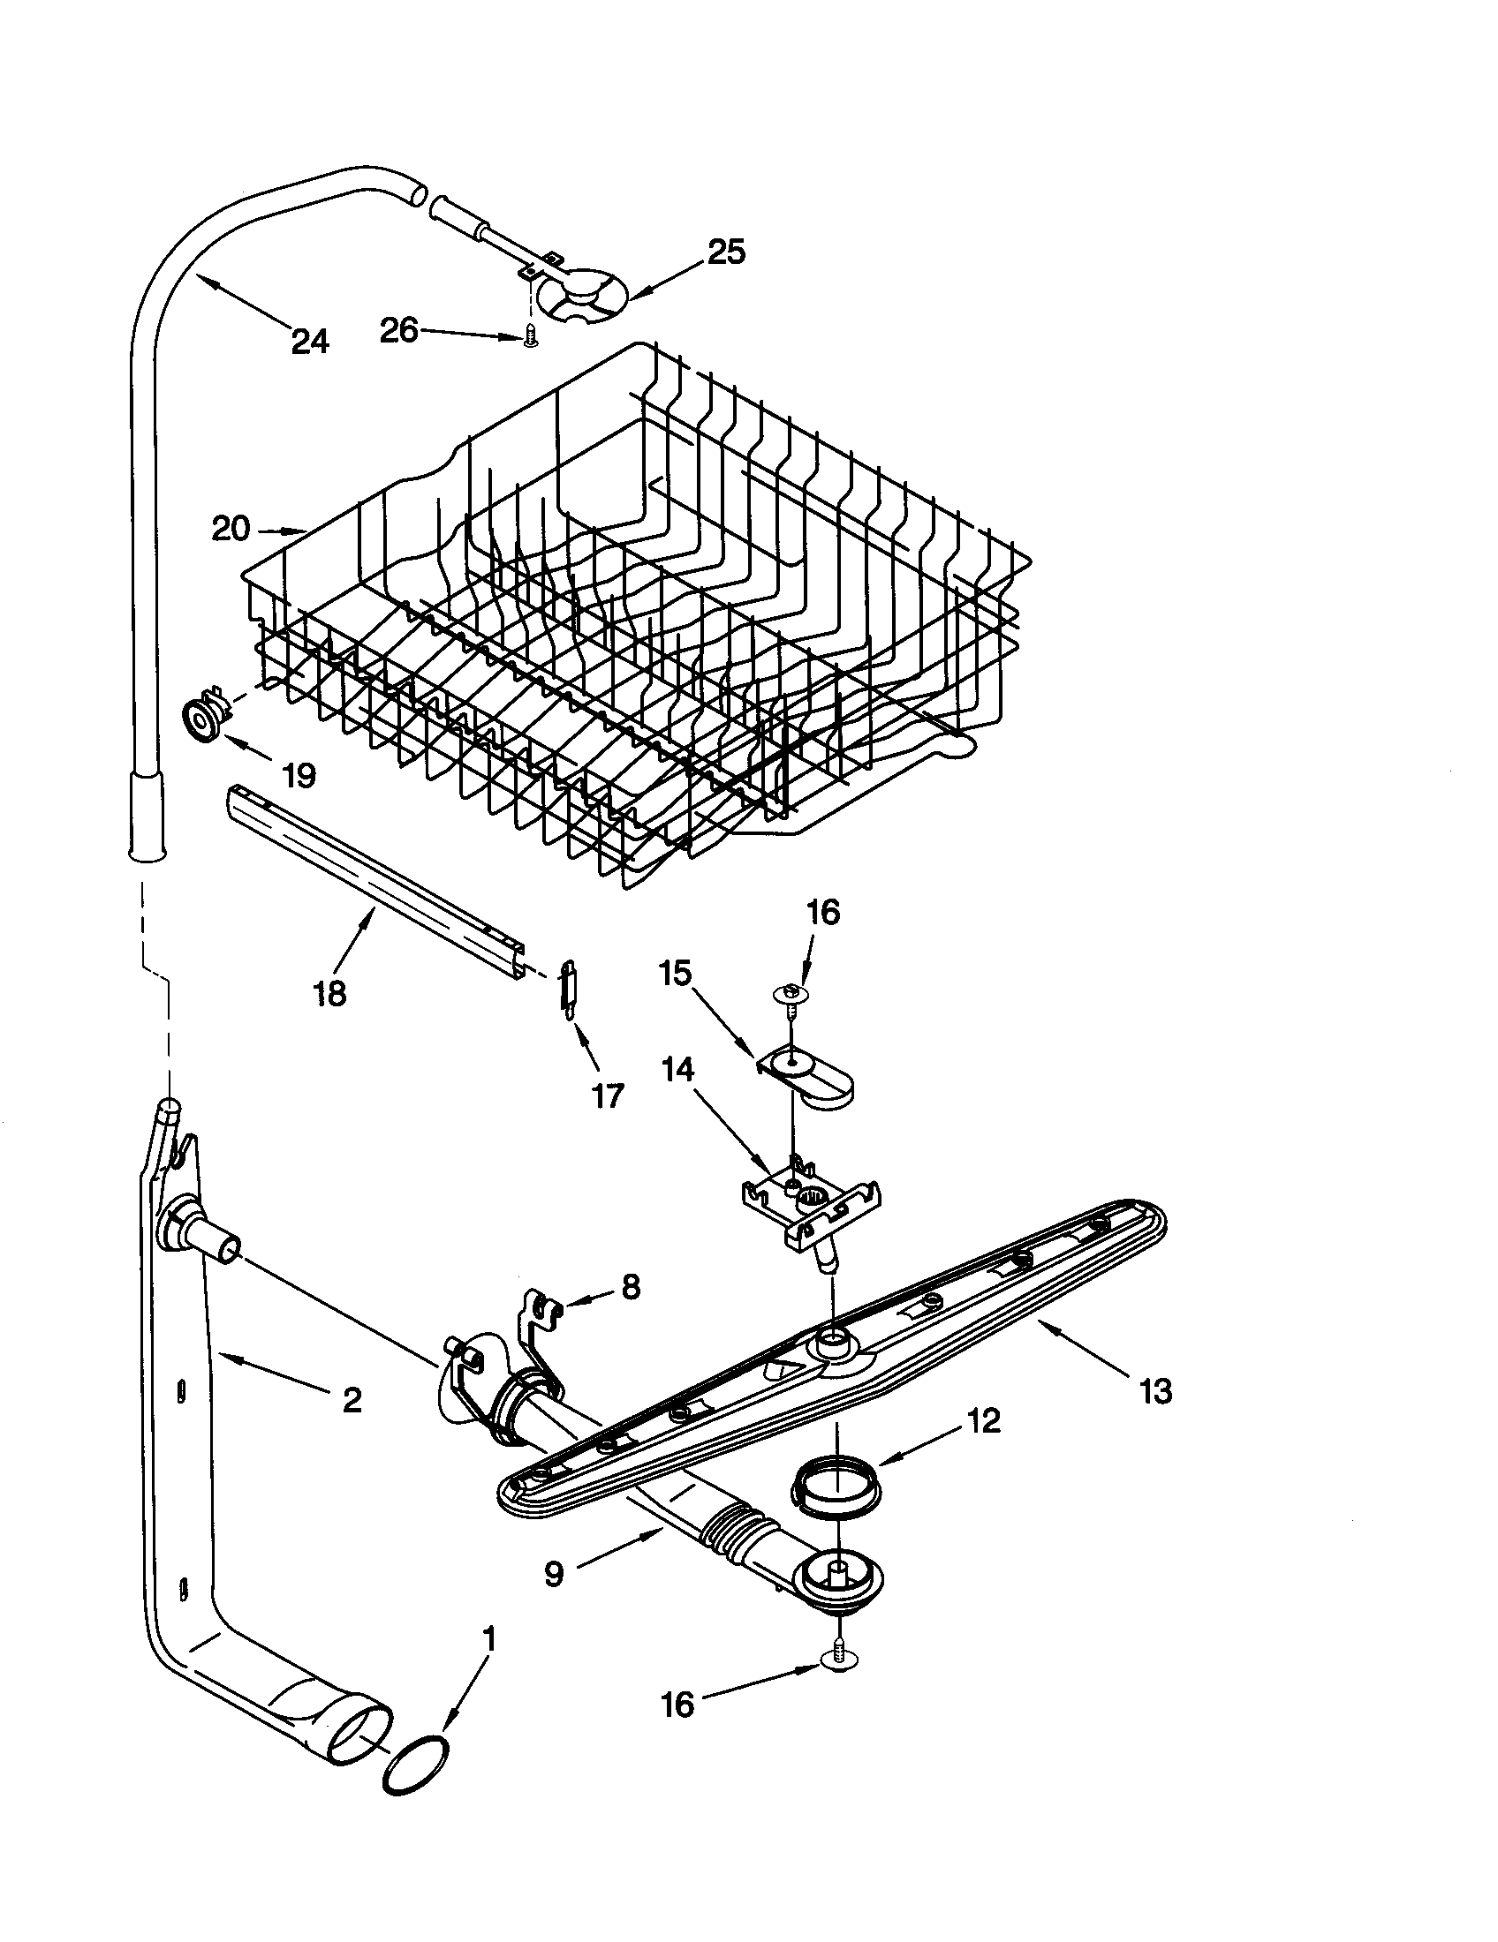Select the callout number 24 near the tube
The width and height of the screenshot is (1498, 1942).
309,342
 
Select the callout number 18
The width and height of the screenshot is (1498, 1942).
329,992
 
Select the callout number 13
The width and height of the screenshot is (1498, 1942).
1154,1390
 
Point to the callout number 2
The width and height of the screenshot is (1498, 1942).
352,1401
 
